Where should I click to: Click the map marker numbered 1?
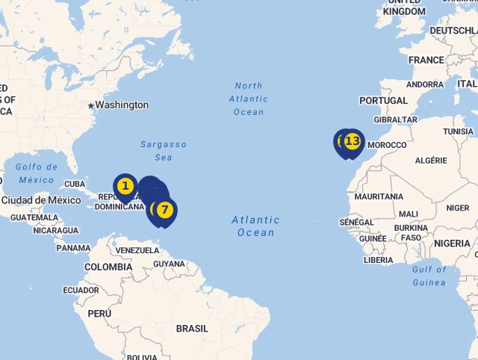click(125, 186)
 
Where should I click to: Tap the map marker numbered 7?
click(164, 210)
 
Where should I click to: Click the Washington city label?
click(122, 105)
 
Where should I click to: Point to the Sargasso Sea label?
click(164, 151)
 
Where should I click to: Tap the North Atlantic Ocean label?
click(249, 99)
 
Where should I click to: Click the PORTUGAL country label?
click(383, 101)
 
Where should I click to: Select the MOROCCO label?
click(388, 145)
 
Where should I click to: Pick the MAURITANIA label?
click(379, 197)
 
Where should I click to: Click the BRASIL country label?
click(192, 329)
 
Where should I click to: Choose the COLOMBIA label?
click(108, 267)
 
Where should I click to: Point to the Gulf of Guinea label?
click(429, 276)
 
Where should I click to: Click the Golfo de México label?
click(37, 173)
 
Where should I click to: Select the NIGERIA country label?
click(453, 243)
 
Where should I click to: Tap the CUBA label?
click(75, 184)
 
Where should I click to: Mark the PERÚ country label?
click(99, 314)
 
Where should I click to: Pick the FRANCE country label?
click(426, 60)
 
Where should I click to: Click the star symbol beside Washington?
click(91, 106)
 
